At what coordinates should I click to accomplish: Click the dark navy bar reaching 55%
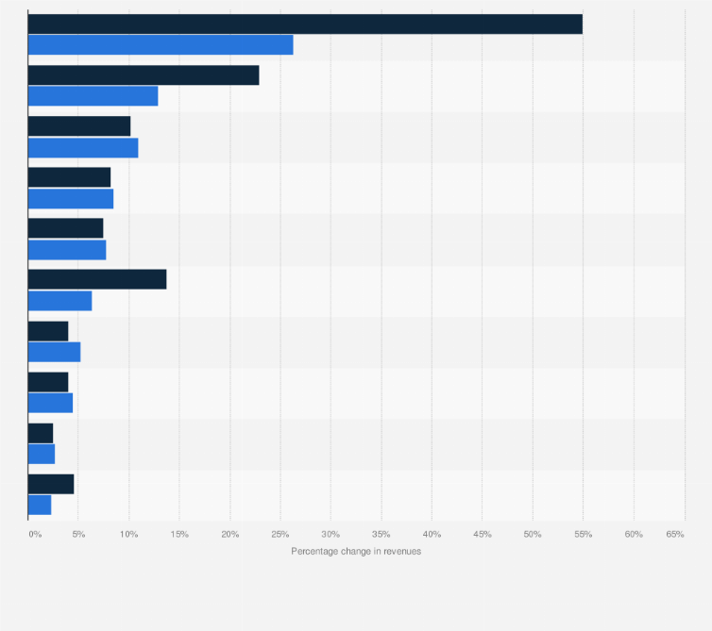point(305,25)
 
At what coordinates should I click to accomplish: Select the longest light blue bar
point(161,45)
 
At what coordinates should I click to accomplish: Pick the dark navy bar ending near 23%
point(144,75)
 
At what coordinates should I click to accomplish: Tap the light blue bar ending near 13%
point(93,96)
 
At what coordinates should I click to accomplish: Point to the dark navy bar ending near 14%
point(97,279)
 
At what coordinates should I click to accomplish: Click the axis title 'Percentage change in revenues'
point(356,551)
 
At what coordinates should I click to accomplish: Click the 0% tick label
point(35,534)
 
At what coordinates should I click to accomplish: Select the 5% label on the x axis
point(79,534)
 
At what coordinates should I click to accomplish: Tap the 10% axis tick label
point(129,534)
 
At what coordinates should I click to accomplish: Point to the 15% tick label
point(179,534)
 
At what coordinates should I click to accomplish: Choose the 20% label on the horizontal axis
point(229,534)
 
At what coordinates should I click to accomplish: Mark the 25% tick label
point(280,534)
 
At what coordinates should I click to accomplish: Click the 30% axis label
point(331,534)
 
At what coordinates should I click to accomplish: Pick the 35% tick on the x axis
point(381,534)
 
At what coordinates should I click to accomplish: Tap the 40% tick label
point(432,534)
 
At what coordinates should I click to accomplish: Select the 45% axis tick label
point(482,534)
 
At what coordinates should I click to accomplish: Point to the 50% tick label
point(533,534)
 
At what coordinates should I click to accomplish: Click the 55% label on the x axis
point(583,534)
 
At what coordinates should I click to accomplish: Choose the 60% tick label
point(634,534)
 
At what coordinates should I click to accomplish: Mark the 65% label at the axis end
point(674,534)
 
